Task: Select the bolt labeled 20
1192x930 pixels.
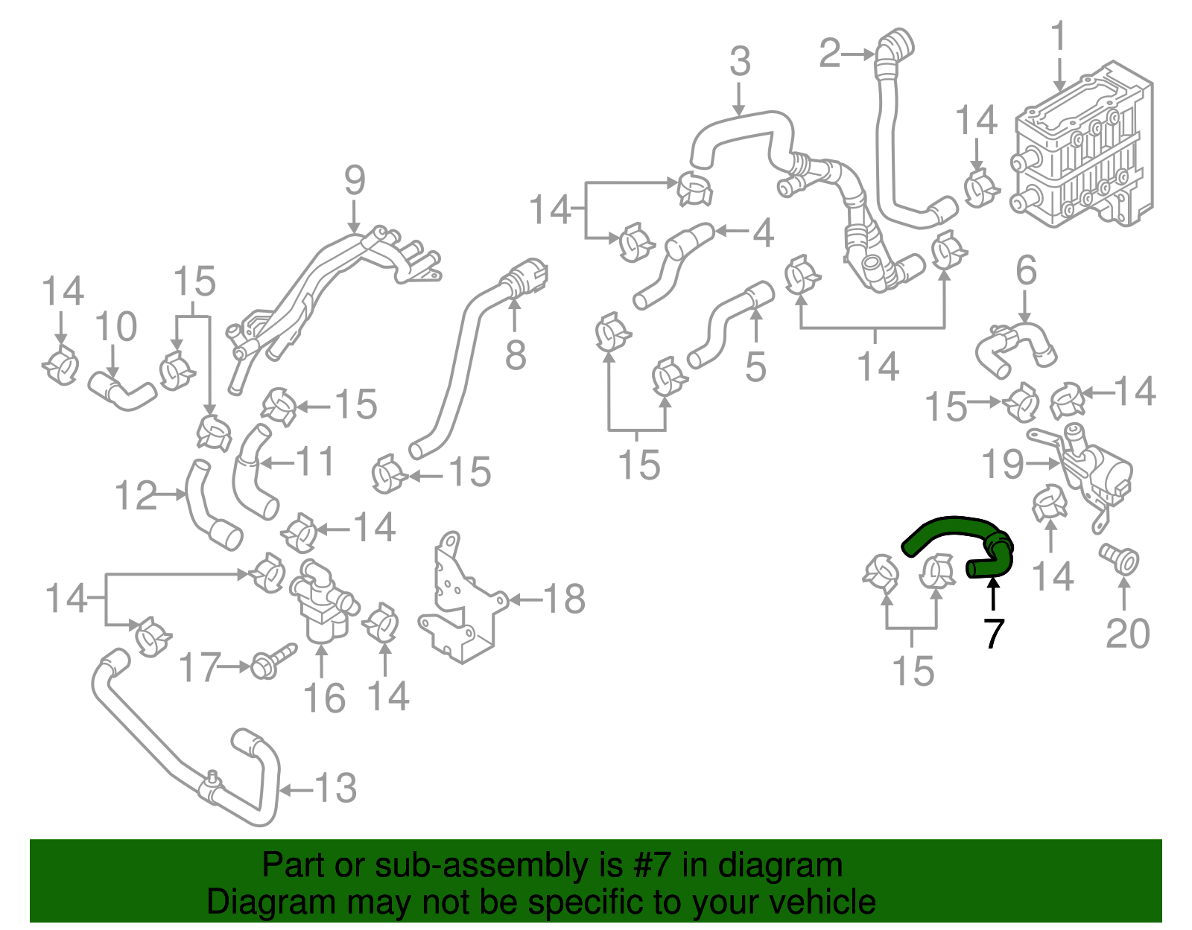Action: pyautogui.click(x=1120, y=558)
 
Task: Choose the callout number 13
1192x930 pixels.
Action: pyautogui.click(x=336, y=788)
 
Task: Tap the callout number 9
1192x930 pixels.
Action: pyautogui.click(x=355, y=181)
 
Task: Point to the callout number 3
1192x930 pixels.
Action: pyautogui.click(x=740, y=62)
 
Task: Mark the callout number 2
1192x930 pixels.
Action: pyautogui.click(x=829, y=54)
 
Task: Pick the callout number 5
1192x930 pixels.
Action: pyautogui.click(x=755, y=366)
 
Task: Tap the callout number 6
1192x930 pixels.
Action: pyautogui.click(x=1026, y=270)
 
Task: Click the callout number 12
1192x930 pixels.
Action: pyautogui.click(x=136, y=495)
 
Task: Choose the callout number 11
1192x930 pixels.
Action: pyautogui.click(x=316, y=462)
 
